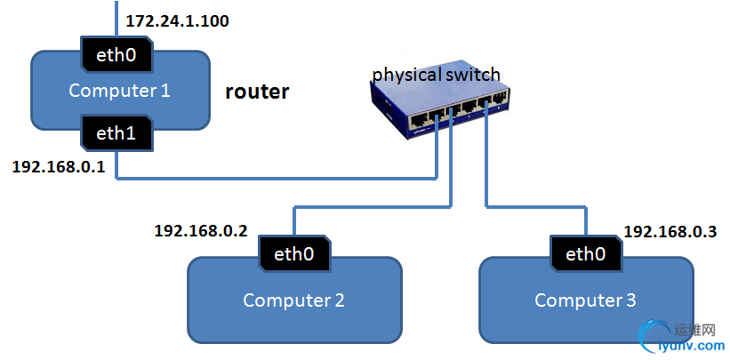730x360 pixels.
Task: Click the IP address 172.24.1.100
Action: click(x=178, y=20)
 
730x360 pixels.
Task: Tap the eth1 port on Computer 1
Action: click(x=116, y=133)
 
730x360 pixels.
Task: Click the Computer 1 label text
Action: click(x=119, y=91)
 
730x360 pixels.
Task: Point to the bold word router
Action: click(x=257, y=91)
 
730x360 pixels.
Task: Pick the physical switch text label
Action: click(x=436, y=74)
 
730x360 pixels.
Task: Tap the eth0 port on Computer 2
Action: click(x=294, y=254)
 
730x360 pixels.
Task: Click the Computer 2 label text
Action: click(x=293, y=300)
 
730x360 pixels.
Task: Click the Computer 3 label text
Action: click(x=585, y=300)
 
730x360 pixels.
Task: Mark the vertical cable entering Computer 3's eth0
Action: click(x=586, y=223)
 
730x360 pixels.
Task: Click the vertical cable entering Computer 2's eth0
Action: click(x=294, y=223)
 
